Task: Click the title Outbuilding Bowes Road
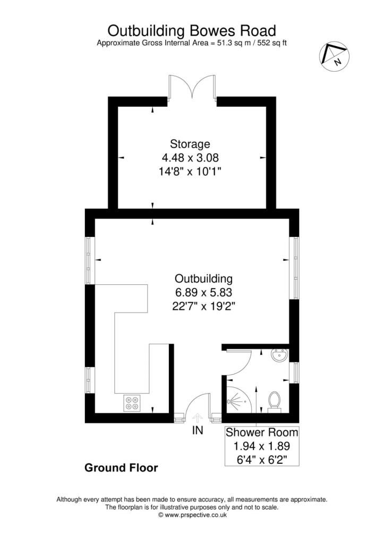coord(192,29)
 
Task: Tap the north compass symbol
coord(334,56)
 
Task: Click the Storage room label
coord(190,143)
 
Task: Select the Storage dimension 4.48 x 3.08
coord(190,157)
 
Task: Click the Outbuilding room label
coord(204,278)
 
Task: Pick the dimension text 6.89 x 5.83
coord(204,292)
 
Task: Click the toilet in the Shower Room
coord(275,401)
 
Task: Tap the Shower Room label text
coord(262,432)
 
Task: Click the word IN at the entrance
coord(197,431)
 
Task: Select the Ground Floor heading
coord(121,468)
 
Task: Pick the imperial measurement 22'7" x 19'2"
coord(204,306)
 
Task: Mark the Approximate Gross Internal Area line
coord(192,42)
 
